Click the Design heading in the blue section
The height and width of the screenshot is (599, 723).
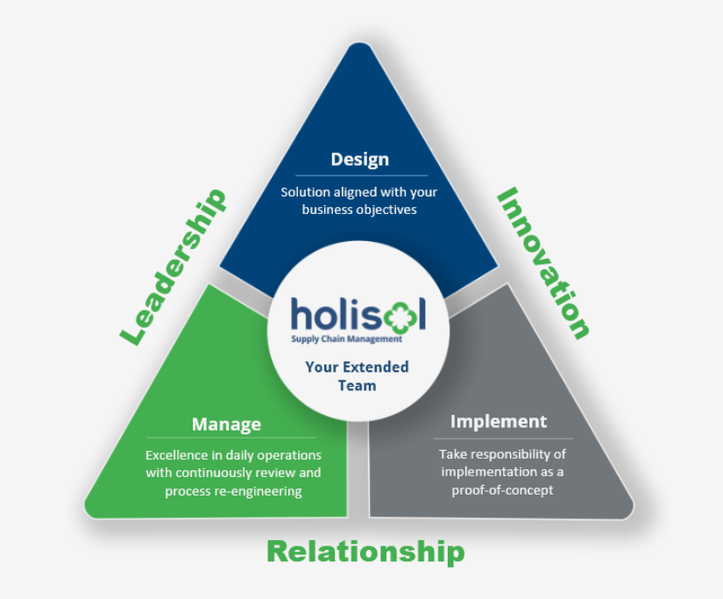359,160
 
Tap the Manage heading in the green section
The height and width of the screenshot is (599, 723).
226,424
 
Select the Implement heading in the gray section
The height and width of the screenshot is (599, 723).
499,422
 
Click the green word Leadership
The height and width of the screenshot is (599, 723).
174,267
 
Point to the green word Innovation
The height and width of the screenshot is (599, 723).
544,262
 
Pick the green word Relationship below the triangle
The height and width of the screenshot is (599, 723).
365,552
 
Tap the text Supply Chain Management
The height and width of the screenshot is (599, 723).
347,339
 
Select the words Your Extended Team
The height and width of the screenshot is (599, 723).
357,375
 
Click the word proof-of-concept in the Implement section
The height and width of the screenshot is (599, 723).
502,489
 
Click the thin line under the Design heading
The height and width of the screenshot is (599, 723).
361,175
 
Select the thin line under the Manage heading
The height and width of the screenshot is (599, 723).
230,438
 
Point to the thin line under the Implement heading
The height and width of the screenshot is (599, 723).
503,438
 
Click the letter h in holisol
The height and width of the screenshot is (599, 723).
302,314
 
